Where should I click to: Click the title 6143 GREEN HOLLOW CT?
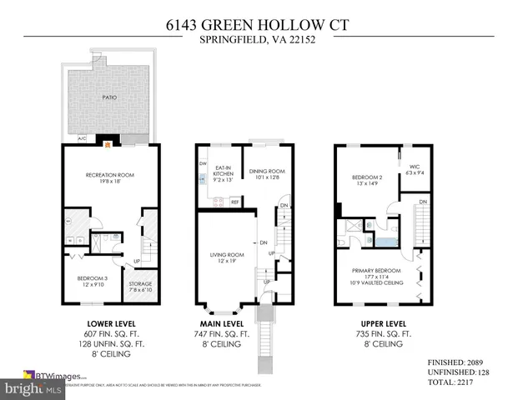259,25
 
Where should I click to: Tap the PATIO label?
109,97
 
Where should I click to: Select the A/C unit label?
82,138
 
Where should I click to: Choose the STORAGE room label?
140,284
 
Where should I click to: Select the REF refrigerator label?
235,202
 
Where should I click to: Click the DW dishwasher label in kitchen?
203,163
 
